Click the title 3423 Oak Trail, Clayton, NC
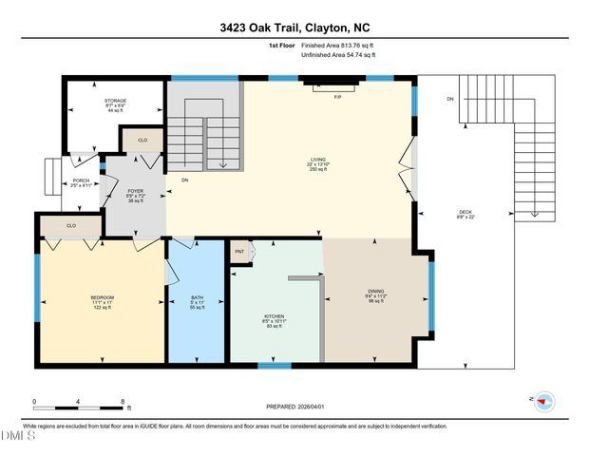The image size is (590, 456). click(x=295, y=28)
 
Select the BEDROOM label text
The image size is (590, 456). click(x=102, y=297)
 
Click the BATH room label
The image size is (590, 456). click(x=197, y=297)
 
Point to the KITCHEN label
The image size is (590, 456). click(x=274, y=315)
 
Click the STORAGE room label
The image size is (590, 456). click(x=115, y=100)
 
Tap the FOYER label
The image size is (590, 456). click(x=135, y=190)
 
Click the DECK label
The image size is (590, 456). click(x=465, y=212)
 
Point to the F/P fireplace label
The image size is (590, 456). click(x=336, y=97)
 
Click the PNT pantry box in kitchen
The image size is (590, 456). click(x=240, y=252)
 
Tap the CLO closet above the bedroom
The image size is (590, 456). click(x=71, y=226)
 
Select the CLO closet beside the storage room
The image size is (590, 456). click(x=143, y=140)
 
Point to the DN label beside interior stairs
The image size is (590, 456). click(x=184, y=179)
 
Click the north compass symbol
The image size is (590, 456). click(x=544, y=402)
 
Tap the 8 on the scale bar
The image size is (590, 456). click(x=124, y=400)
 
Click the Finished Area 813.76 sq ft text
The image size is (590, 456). click(x=338, y=45)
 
